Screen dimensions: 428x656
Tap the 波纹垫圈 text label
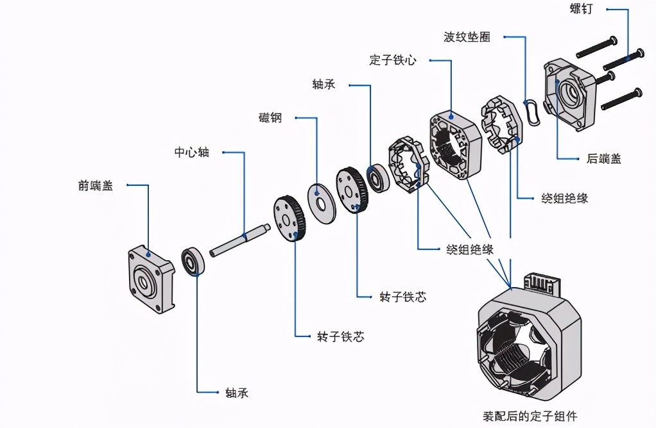[467, 37]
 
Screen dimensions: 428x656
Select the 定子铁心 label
[393, 60]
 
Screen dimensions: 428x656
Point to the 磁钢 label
[270, 118]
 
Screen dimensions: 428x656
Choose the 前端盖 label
[96, 186]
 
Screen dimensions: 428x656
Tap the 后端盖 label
[603, 158]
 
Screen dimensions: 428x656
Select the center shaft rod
[237, 239]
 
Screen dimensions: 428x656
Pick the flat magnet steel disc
[322, 203]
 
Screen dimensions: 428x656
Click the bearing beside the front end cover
[193, 260]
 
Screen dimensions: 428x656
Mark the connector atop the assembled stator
[542, 284]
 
